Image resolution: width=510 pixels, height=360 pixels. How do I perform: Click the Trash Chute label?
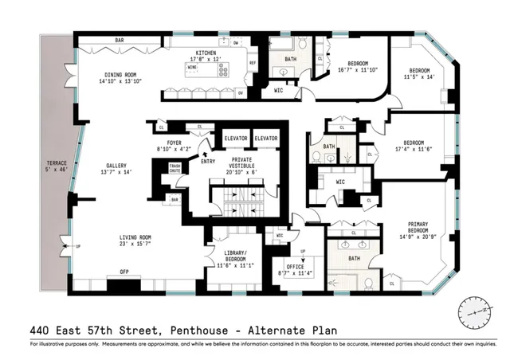point(175,168)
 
